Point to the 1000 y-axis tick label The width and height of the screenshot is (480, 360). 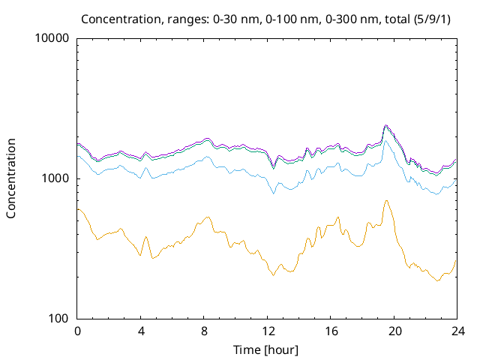[x=55, y=178]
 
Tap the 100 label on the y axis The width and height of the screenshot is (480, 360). [x=58, y=319]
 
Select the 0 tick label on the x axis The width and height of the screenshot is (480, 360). [x=77, y=331]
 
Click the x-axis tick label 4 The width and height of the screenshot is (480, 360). [x=141, y=331]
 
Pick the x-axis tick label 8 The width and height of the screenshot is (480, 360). [x=204, y=331]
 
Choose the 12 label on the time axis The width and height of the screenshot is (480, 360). [x=268, y=331]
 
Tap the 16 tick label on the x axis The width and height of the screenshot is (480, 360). [x=331, y=331]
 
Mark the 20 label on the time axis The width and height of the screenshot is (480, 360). [x=394, y=331]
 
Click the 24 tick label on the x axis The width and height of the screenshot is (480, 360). [x=457, y=331]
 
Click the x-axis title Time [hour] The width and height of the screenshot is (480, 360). [x=267, y=349]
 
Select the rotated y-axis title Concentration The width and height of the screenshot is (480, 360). [x=11, y=178]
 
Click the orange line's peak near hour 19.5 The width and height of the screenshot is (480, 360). [x=386, y=200]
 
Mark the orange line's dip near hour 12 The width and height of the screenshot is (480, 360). [x=273, y=275]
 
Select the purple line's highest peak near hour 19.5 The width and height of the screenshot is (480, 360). [x=385, y=125]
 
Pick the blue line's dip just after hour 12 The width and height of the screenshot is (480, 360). [x=274, y=193]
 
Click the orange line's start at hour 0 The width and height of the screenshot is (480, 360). [x=78, y=209]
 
